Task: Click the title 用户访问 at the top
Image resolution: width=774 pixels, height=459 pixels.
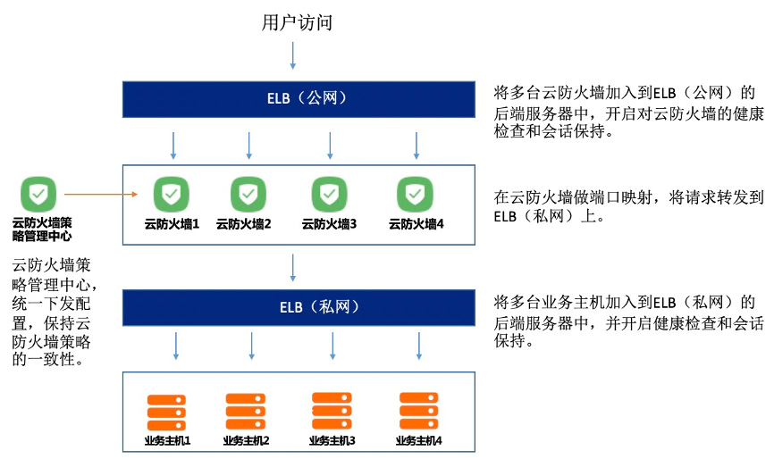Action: [x=297, y=23]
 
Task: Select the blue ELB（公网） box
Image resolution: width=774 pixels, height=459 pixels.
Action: [x=298, y=98]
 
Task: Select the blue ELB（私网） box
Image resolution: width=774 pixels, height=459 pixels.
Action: [x=298, y=307]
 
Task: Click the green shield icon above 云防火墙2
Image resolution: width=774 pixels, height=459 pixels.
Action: [x=248, y=194]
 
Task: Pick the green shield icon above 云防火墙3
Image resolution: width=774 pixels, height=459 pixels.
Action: [x=329, y=194]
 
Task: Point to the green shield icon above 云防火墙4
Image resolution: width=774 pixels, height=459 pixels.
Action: [x=415, y=194]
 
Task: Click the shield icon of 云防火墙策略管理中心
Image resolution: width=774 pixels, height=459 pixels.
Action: [x=38, y=193]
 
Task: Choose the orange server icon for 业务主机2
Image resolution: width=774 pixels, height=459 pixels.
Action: [x=246, y=412]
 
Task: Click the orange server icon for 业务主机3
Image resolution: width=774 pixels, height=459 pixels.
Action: [x=332, y=412]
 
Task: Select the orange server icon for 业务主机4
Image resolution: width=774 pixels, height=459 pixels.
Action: [x=418, y=412]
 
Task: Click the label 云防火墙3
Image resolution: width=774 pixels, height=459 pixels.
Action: [x=329, y=224]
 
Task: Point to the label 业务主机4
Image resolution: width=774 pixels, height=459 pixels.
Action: [x=418, y=441]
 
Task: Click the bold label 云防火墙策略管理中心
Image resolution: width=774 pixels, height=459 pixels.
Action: [x=42, y=229]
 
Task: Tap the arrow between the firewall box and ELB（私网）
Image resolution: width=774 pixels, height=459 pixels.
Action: [x=294, y=266]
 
